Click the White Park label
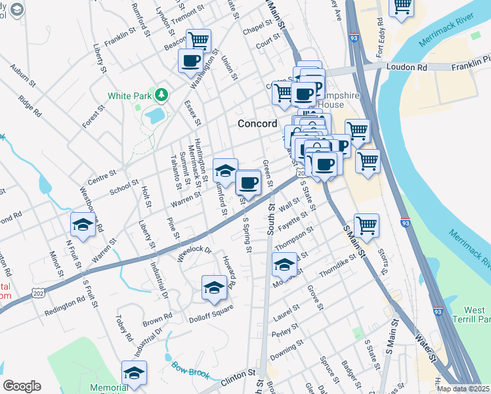tap(129, 96)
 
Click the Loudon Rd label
tap(407, 67)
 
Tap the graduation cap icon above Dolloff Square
tap(214, 288)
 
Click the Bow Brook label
tap(191, 370)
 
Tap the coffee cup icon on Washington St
tap(191, 61)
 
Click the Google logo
tap(22, 386)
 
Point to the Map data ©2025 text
tap(462, 389)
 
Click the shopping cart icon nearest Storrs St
tap(366, 226)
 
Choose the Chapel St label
tap(257, 28)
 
